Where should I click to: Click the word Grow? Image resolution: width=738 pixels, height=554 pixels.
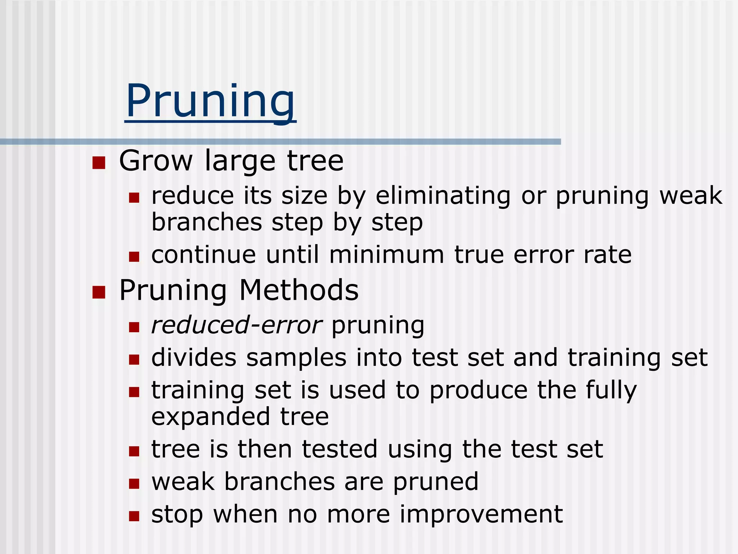point(156,161)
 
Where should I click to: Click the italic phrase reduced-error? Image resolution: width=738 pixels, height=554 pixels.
point(236,325)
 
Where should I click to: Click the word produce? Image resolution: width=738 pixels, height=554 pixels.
point(479,391)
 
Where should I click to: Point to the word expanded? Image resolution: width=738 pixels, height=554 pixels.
point(210,417)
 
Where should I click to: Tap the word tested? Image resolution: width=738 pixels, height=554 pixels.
point(339,449)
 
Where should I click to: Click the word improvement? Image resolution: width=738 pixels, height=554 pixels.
point(481,514)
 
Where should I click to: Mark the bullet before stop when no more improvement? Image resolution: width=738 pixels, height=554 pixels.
point(134,516)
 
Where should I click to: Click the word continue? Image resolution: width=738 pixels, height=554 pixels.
point(204,255)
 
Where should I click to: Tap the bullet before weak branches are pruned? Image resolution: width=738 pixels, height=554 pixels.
point(134,484)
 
